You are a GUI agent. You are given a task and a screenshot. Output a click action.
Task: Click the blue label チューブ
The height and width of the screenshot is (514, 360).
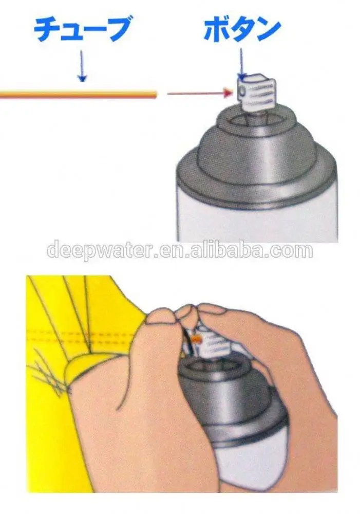click(81, 30)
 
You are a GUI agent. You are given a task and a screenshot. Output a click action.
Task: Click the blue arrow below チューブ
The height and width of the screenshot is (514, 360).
click(81, 67)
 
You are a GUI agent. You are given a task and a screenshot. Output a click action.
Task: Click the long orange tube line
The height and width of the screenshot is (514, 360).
click(77, 94)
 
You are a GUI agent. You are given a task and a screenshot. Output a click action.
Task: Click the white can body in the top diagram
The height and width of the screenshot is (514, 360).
click(257, 216)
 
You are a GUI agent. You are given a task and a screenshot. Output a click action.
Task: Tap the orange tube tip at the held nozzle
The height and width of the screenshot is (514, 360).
click(196, 339)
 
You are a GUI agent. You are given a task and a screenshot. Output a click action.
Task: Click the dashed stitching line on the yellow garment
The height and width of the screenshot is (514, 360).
click(77, 334)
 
